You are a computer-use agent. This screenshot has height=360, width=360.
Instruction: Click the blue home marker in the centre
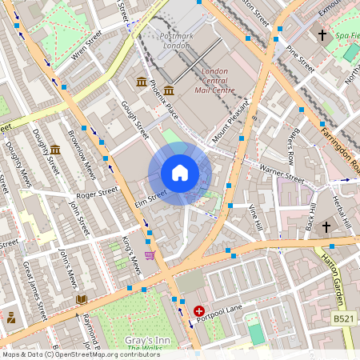180,173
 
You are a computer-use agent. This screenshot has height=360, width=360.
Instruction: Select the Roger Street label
97,193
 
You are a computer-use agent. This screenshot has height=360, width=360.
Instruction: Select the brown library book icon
81,299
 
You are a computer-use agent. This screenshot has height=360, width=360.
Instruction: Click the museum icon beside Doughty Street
55,150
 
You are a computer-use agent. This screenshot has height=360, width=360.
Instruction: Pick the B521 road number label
343,318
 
